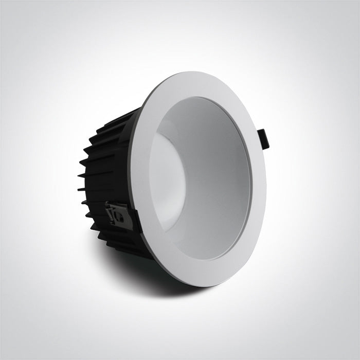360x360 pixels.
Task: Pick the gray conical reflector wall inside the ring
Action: click(216, 170)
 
